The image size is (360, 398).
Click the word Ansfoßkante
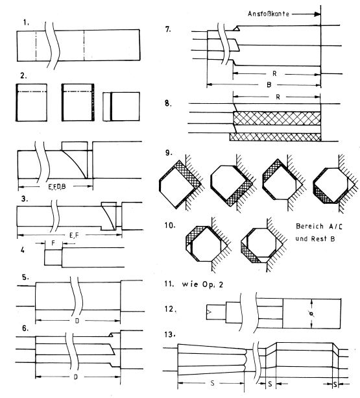point(269,14)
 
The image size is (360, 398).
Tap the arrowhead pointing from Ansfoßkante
point(317,14)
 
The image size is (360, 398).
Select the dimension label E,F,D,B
point(57,187)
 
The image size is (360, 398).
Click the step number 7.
point(168,29)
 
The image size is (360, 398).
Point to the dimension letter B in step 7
point(269,85)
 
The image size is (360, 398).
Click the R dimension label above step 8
point(278,97)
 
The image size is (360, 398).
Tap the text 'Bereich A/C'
point(319,226)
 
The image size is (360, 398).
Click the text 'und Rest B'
point(315,238)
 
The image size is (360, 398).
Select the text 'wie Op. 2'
point(202,284)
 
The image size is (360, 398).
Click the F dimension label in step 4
point(53,243)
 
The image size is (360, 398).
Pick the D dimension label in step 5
point(77,321)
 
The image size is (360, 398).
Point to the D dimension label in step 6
point(75,377)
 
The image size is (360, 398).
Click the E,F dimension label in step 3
point(75,235)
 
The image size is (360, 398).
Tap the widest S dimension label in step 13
point(213,383)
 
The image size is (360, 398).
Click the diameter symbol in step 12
point(311,314)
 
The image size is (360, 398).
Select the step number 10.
point(170,225)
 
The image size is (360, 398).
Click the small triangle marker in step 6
point(110,335)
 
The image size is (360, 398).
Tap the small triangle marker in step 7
point(236,29)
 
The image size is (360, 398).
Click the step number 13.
point(170,335)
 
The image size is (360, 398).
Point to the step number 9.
point(169,153)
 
